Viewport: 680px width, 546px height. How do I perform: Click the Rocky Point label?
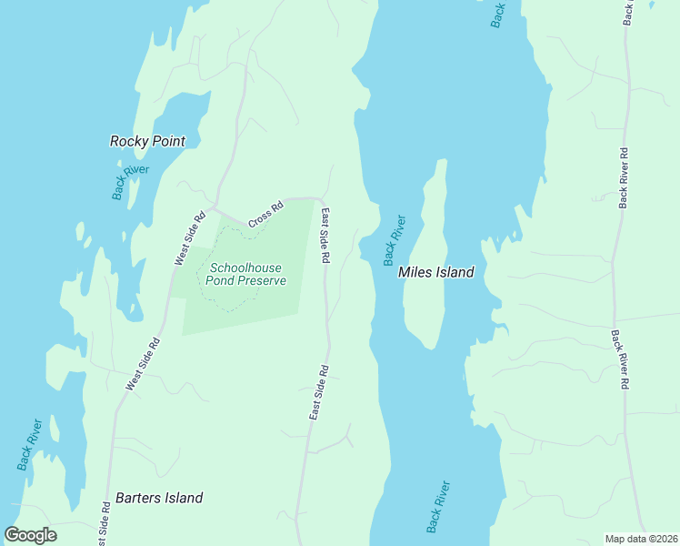[x=147, y=141]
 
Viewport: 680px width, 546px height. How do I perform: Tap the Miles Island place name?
[x=436, y=272]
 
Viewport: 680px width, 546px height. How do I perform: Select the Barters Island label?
[x=159, y=498]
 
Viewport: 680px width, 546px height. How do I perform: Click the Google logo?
[x=31, y=535]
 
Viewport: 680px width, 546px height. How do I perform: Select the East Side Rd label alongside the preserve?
[x=325, y=235]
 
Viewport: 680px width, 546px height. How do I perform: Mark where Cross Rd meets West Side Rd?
[x=215, y=206]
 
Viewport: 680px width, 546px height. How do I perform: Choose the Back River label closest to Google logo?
[x=29, y=444]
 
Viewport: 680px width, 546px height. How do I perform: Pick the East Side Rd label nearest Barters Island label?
[x=318, y=393]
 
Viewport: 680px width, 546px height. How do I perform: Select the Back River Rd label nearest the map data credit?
[x=619, y=359]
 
